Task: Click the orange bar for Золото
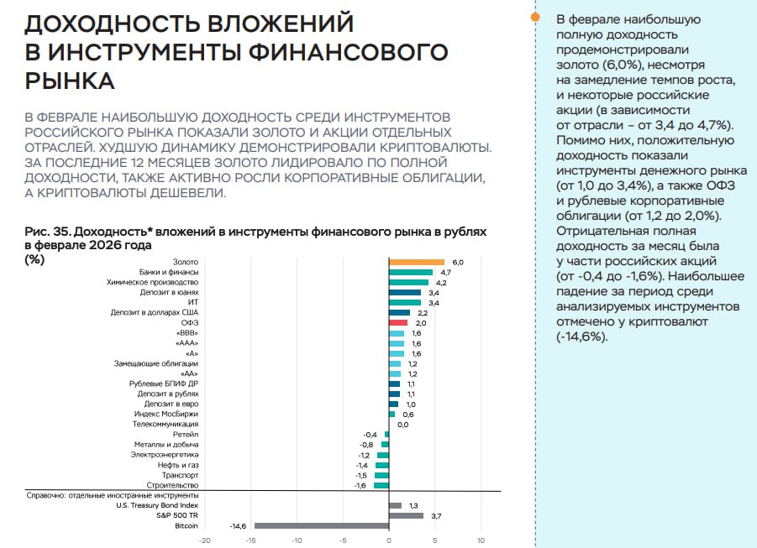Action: coord(416,263)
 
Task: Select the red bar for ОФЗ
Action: coord(397,323)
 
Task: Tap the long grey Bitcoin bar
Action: coord(321,526)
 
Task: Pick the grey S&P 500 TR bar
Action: coord(406,515)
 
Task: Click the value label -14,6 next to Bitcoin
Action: coord(237,526)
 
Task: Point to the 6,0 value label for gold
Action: coord(458,263)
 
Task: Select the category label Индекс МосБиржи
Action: coord(166,414)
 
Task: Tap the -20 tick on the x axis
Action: coord(204,540)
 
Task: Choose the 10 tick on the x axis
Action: coord(481,540)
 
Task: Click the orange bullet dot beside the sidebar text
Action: coord(535,16)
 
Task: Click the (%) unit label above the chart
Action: coord(35,258)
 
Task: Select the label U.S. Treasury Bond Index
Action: coord(156,505)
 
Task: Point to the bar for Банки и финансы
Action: coord(410,273)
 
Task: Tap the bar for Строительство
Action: coord(381,485)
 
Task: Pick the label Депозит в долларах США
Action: coord(154,313)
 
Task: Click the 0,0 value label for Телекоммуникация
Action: coord(402,425)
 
